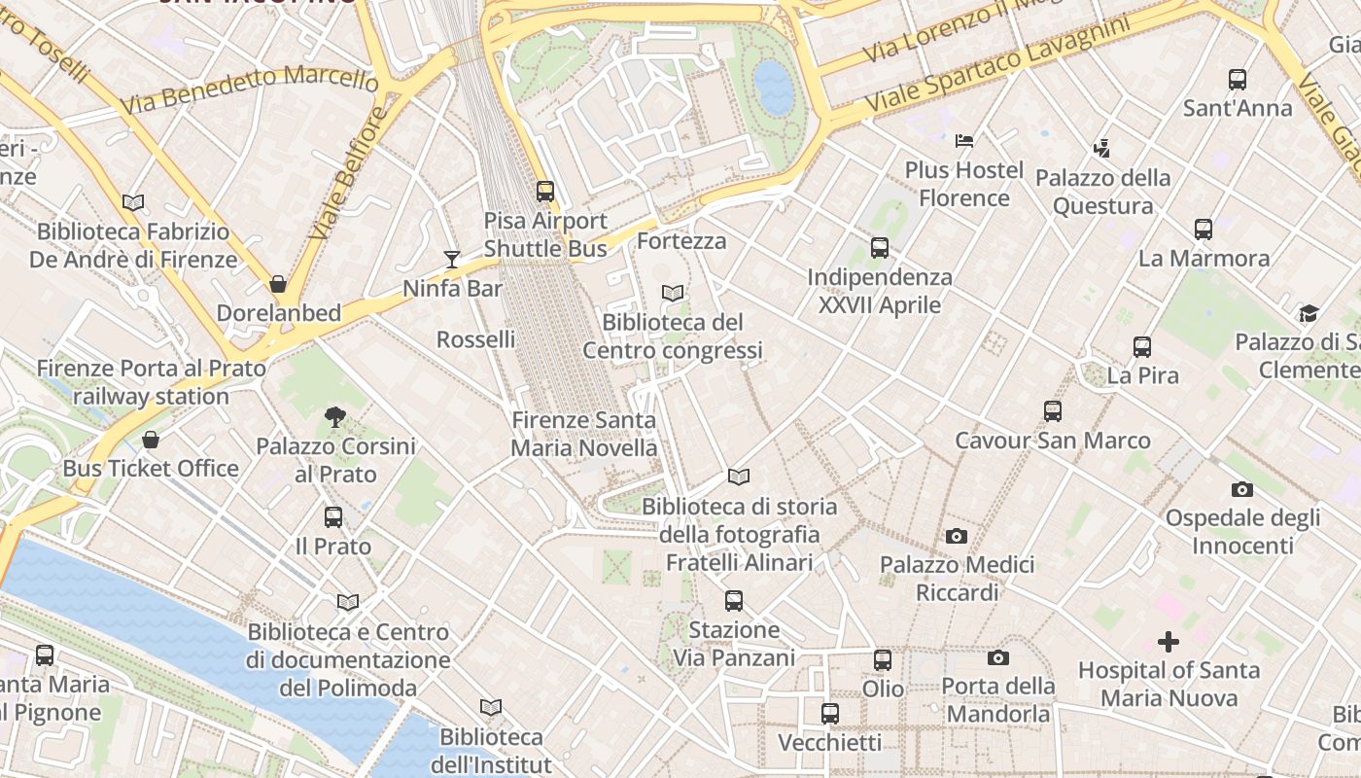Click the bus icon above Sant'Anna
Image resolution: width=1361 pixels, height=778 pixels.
1237,80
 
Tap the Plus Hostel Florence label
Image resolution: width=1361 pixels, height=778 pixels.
964,184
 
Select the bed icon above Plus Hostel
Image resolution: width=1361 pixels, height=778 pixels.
963,141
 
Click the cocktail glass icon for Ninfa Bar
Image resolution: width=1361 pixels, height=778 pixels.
452,259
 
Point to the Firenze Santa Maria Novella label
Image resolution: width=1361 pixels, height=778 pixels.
584,434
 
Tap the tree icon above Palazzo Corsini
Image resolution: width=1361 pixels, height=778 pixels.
334,417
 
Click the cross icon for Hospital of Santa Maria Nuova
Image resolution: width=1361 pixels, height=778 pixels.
1169,642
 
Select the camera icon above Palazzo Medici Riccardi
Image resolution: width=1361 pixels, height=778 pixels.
957,536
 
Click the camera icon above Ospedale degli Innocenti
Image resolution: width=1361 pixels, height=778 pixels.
1241,489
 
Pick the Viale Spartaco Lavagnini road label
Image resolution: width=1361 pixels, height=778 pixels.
997,63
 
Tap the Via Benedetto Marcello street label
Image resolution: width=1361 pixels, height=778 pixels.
248,88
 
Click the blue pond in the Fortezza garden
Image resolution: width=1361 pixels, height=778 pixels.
774,86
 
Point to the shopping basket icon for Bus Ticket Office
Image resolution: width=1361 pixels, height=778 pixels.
151,440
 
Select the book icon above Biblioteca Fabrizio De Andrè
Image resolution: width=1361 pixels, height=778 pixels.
133,202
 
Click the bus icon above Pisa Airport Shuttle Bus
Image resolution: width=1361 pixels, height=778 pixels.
545,192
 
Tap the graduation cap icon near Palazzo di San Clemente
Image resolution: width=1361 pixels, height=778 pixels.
1309,313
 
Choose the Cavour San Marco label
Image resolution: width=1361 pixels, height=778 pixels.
1053,441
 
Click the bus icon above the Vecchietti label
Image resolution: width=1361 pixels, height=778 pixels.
829,714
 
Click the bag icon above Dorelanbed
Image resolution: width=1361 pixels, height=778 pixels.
278,284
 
